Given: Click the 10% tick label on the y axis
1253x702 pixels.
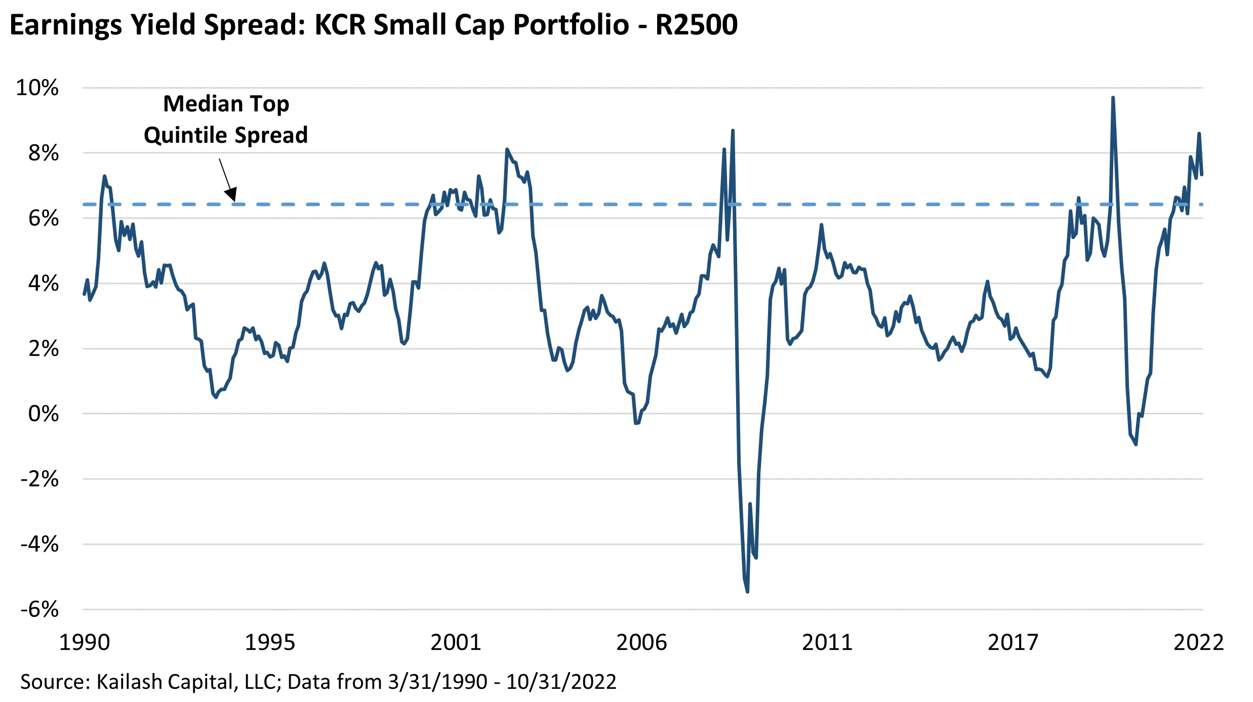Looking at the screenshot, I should coord(37,88).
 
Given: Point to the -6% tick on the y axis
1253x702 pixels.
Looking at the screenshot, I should coord(39,609).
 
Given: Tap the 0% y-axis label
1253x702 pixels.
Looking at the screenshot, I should coord(43,414).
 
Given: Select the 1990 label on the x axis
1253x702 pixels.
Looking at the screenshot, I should coord(85,642).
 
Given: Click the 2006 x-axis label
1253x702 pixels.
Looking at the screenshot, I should coord(641,642).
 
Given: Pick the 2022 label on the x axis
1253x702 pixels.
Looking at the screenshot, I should coord(1198,642).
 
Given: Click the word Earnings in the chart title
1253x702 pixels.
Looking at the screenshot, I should coord(66,25).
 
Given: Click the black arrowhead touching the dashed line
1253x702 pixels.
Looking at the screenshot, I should coord(231,194).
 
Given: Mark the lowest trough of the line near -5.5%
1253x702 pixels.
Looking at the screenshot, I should coord(747,591).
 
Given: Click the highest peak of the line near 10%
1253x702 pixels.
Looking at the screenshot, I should coord(1113,98).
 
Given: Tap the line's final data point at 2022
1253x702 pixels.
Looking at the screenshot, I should coord(1202,174).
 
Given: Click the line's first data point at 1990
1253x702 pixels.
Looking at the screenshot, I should coord(84,294).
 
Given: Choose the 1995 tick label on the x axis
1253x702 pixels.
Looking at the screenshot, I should coord(270,642).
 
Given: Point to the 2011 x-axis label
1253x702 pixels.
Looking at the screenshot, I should coord(827,642).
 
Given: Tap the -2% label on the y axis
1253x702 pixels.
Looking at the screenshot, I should coord(39,479).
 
